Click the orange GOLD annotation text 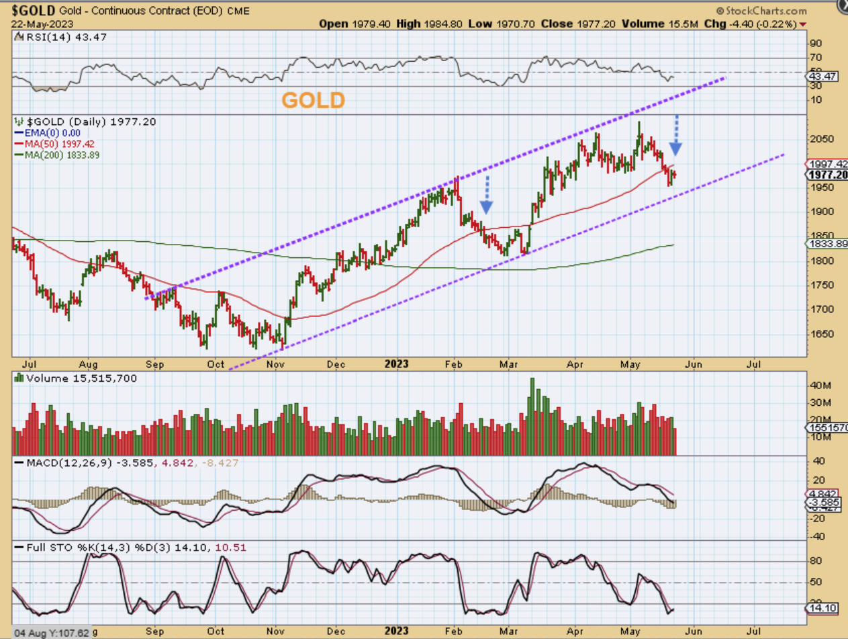(313, 100)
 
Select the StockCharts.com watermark (761, 11)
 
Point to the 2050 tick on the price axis (820, 138)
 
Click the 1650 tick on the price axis (820, 334)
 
